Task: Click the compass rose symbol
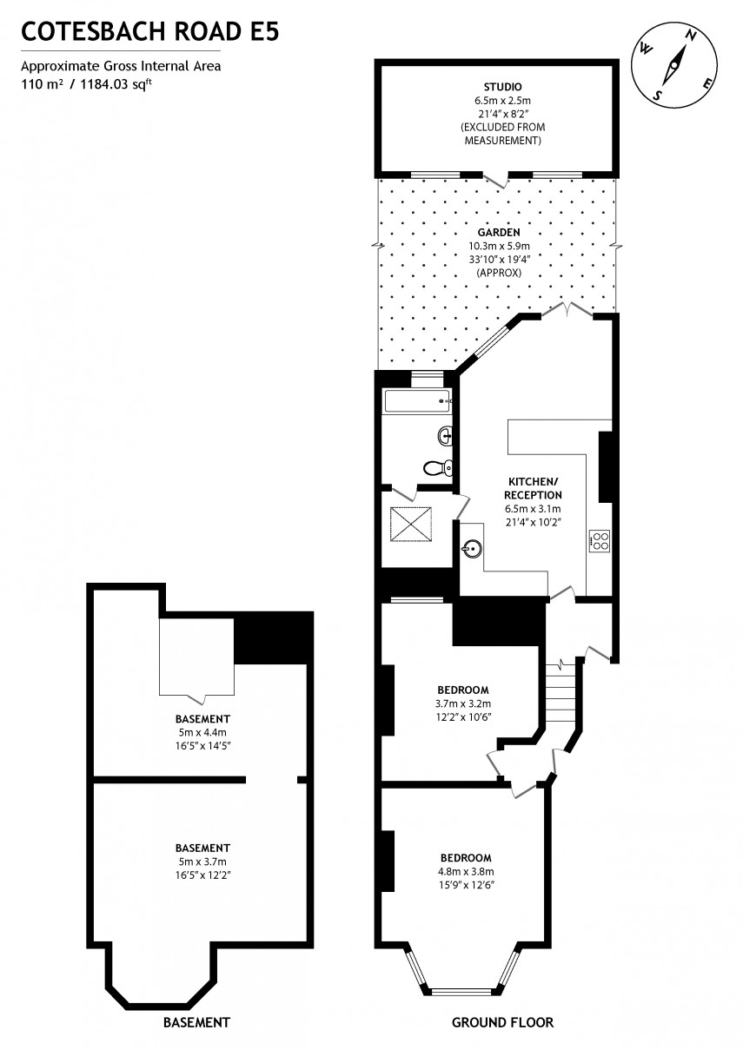click(x=674, y=65)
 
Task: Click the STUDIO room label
click(x=503, y=87)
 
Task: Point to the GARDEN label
click(x=499, y=233)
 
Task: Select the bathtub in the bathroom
click(x=418, y=400)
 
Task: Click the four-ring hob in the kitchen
click(x=600, y=541)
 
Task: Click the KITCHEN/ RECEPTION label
click(x=533, y=487)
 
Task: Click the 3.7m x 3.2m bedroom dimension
click(x=462, y=703)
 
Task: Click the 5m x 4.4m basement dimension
click(x=202, y=732)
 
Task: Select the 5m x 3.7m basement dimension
click(x=202, y=862)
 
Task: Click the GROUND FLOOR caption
click(x=502, y=1022)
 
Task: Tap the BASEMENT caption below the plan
click(x=197, y=1022)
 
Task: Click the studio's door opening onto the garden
click(x=496, y=179)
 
